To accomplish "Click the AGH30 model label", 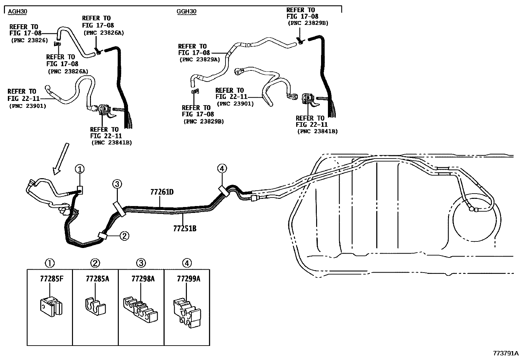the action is click(x=18, y=11).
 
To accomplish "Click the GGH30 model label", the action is click(x=186, y=11).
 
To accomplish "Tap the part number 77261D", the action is click(x=162, y=192).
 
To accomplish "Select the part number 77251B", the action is click(x=185, y=228).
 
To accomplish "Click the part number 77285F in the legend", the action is click(x=52, y=279).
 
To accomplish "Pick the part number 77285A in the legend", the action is click(x=98, y=279).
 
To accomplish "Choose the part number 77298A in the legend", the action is click(x=143, y=279).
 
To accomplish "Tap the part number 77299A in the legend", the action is click(x=189, y=279).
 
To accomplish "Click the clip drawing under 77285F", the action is click(x=51, y=307).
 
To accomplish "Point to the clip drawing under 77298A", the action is click(x=140, y=310).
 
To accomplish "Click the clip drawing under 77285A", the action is click(x=95, y=306).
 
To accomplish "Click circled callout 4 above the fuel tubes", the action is click(x=222, y=168).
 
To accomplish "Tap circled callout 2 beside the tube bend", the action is click(x=124, y=236).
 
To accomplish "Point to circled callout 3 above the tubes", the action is click(x=117, y=184).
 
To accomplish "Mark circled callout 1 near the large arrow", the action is click(x=80, y=169).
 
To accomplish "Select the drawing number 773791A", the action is click(x=506, y=353).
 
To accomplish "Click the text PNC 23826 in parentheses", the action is click(x=29, y=41).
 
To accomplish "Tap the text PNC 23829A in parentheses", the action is click(x=200, y=60).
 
